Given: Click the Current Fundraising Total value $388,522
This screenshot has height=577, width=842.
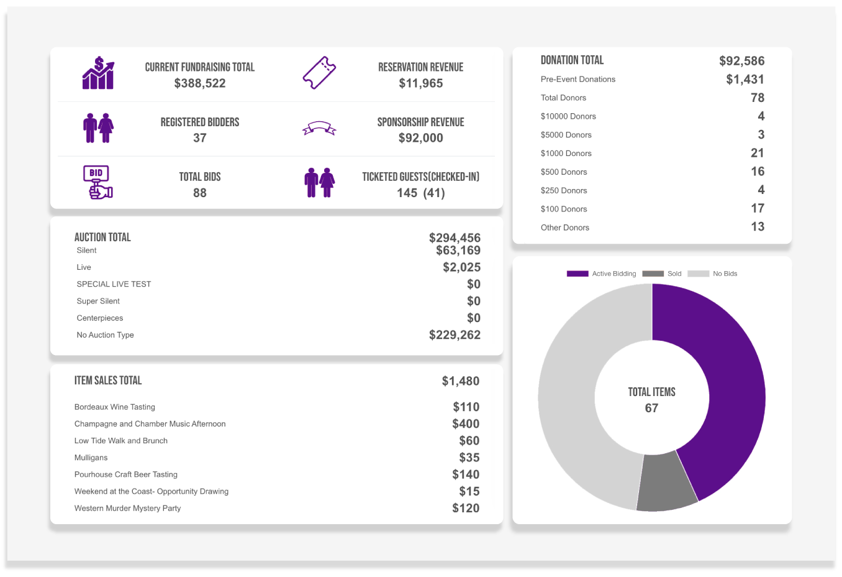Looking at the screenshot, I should click(200, 83).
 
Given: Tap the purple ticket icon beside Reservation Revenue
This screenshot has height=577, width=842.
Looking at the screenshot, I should click(319, 73).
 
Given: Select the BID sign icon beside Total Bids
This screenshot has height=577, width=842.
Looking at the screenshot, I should click(97, 182).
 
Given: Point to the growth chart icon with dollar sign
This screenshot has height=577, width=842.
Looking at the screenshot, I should click(98, 73).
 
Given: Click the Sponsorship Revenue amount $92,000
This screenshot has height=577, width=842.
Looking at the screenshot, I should click(420, 138).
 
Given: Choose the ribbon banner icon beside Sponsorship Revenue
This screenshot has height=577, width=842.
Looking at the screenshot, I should click(319, 129).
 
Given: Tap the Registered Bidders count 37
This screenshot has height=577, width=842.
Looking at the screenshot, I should click(200, 138).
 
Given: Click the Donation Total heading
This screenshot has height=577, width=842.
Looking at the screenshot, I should click(572, 60).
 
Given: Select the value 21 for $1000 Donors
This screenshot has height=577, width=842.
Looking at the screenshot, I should click(757, 153).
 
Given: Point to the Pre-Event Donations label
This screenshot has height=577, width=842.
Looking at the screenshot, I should click(577, 79).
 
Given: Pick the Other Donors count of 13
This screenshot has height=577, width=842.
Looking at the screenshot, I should click(757, 227).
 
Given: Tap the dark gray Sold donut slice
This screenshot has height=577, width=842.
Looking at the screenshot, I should click(666, 482).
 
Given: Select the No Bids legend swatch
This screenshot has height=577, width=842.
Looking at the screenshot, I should click(698, 274).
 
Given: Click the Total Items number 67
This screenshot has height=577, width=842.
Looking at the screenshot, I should click(651, 409).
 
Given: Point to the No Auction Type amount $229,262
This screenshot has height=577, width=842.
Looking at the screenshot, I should click(455, 335).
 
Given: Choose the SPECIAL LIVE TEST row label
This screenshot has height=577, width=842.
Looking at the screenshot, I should click(114, 284).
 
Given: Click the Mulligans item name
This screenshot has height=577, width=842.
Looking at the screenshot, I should click(91, 458).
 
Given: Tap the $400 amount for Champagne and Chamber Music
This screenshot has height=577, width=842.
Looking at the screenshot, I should click(466, 424).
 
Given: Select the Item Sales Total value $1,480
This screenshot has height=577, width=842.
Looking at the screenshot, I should click(460, 381).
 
